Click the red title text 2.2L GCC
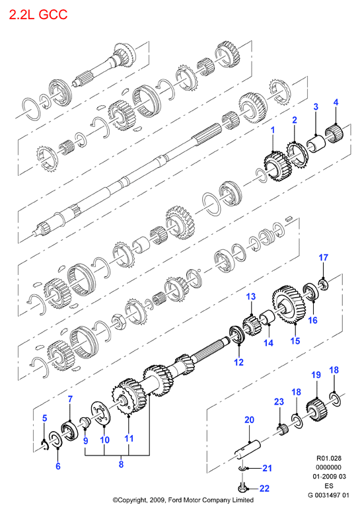pos(38,15)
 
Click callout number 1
pos(273,130)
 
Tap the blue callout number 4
pos(336,102)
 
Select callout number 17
pos(323,257)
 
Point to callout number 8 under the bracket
pos(121,464)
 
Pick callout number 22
pos(264,489)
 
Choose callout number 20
pos(249,419)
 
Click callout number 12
pos(239,362)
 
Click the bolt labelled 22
pos(242,488)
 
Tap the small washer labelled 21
pos(242,469)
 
